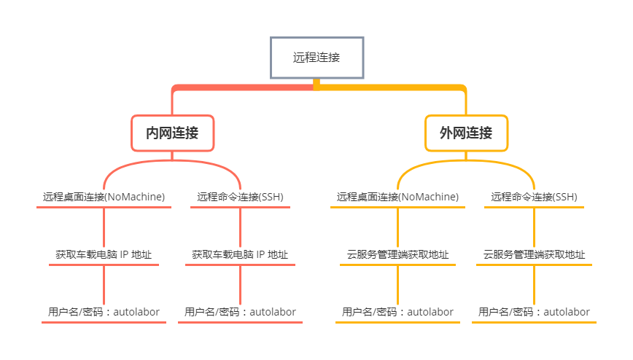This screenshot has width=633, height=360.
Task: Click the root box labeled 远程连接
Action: click(316, 58)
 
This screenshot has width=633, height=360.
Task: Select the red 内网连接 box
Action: click(172, 133)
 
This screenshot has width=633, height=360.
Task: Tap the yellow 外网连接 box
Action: click(466, 133)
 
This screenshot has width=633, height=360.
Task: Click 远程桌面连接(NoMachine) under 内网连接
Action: click(104, 197)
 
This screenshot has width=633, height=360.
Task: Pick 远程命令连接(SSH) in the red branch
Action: click(240, 197)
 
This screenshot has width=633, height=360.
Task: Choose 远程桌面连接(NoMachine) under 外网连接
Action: click(397, 197)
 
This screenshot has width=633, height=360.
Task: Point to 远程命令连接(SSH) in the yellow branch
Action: click(534, 197)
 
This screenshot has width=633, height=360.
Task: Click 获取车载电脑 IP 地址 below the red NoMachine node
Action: click(104, 254)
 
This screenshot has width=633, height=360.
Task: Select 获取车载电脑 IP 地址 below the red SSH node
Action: click(240, 254)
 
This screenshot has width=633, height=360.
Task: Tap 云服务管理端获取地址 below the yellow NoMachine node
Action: click(397, 254)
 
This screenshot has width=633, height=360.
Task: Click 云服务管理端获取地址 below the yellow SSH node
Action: click(534, 254)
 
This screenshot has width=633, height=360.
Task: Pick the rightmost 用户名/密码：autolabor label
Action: click(534, 312)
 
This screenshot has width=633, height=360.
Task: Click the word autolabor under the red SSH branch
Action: click(273, 312)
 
